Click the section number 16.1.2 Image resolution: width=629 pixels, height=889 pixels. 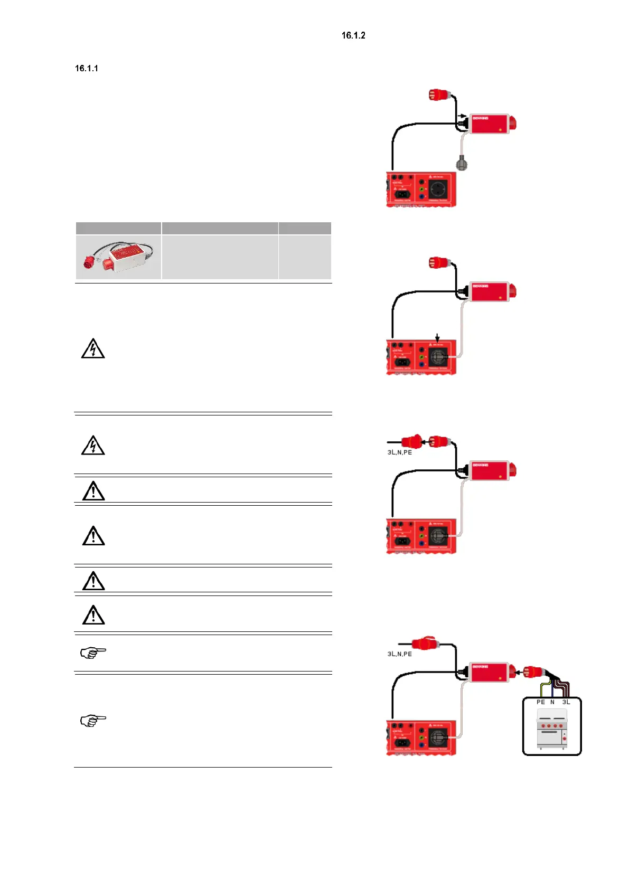353,35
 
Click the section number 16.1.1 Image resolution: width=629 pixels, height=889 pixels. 87,68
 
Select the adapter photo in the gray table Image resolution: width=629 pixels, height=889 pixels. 118,257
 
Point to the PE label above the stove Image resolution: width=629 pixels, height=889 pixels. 541,702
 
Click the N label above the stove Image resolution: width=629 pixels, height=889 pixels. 552,702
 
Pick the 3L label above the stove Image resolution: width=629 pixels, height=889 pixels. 566,702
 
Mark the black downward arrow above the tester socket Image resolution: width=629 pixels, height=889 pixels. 437,338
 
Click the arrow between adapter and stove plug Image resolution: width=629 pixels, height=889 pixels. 519,673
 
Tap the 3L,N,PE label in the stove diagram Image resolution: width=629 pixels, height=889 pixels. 400,654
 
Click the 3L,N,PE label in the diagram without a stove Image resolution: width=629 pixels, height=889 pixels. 400,452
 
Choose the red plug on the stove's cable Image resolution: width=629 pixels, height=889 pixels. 534,672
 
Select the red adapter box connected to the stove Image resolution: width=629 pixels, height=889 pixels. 489,672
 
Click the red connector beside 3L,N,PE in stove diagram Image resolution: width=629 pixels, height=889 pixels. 424,644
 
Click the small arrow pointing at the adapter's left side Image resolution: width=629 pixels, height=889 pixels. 462,116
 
